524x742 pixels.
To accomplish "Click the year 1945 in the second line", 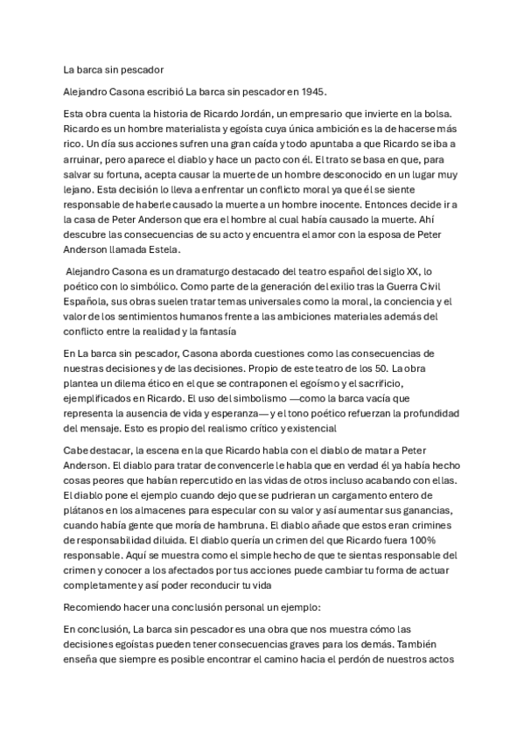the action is point(311,90).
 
